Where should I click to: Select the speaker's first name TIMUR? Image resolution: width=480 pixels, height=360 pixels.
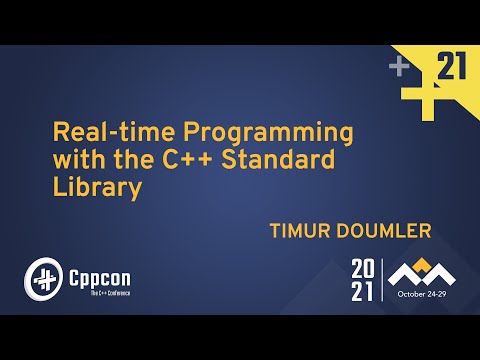pyautogui.click(x=301, y=232)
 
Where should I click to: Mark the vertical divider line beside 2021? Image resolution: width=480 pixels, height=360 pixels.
pyautogui.click(x=381, y=281)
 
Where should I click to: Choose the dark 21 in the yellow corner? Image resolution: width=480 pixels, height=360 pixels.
pyautogui.click(x=452, y=67)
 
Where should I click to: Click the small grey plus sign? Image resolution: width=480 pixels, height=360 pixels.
pyautogui.click(x=400, y=68)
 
